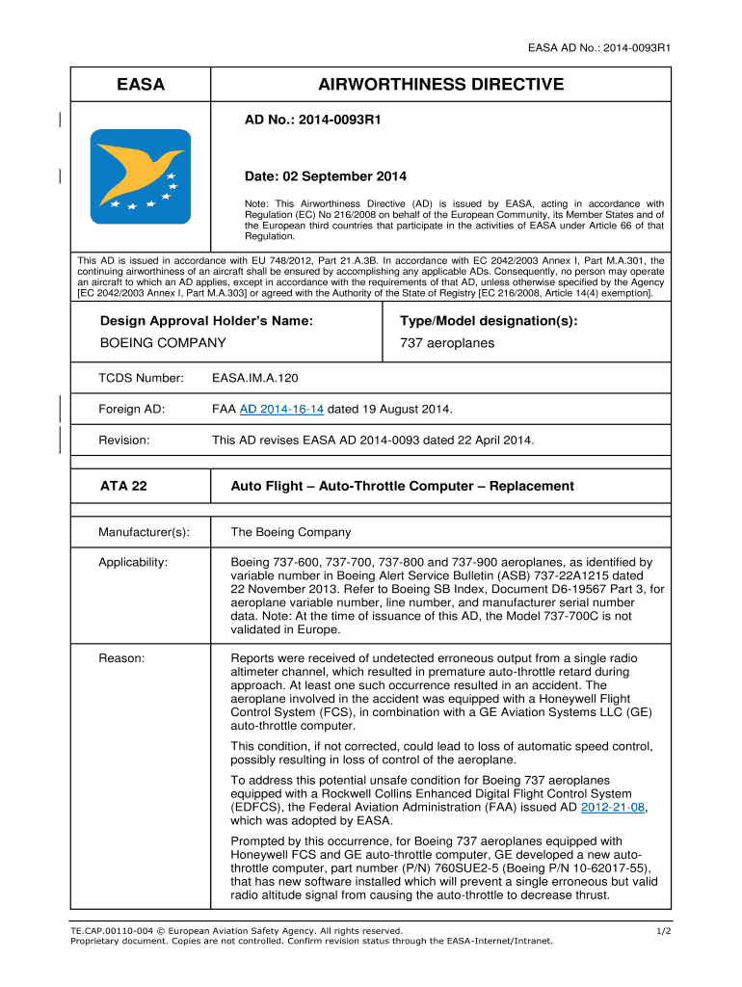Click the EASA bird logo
click(x=141, y=176)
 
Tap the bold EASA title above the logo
click(x=141, y=85)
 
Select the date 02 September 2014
click(x=326, y=176)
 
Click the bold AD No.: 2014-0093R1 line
click(x=313, y=121)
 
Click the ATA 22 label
click(x=123, y=486)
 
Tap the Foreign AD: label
click(x=131, y=410)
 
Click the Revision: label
click(x=124, y=440)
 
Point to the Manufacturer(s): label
click(x=144, y=532)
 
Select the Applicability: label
click(x=133, y=562)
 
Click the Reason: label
click(x=121, y=658)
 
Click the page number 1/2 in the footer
click(x=663, y=931)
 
